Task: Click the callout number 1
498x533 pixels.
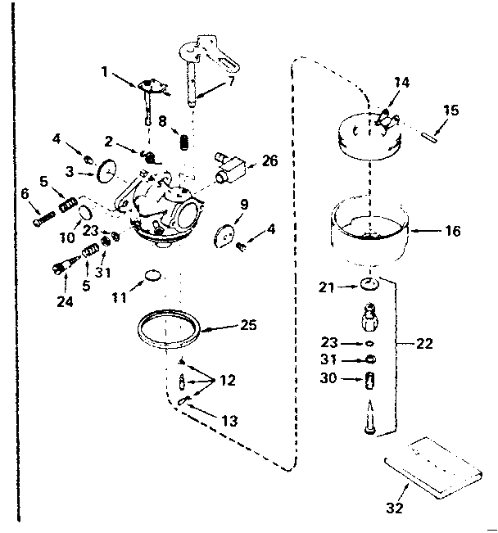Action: tap(104, 71)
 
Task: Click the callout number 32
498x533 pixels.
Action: tap(395, 508)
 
